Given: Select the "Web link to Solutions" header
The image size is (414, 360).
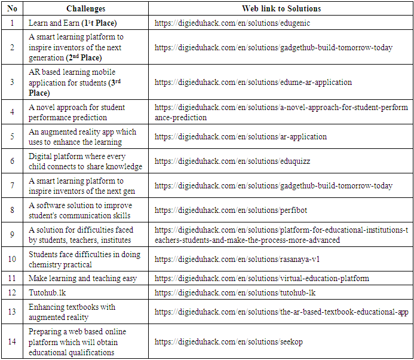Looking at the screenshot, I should pyautogui.click(x=281, y=9).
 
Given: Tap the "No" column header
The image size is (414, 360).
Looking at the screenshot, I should pyautogui.click(x=12, y=9).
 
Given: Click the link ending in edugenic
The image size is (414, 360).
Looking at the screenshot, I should pyautogui.click(x=232, y=23).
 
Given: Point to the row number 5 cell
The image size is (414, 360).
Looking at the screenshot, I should pyautogui.click(x=12, y=137).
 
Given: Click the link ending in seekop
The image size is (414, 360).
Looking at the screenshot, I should pyautogui.click(x=229, y=342).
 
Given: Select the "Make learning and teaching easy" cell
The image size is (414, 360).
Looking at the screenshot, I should pyautogui.click(x=82, y=278).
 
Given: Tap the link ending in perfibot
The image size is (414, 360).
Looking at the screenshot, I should pyautogui.click(x=231, y=210).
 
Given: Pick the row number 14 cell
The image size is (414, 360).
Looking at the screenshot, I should pyautogui.click(x=12, y=342).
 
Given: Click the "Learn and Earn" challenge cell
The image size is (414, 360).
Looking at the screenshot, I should pyautogui.click(x=72, y=23).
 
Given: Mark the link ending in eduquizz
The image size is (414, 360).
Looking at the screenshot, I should pyautogui.click(x=232, y=161).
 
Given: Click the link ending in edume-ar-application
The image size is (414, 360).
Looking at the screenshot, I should pyautogui.click(x=253, y=82).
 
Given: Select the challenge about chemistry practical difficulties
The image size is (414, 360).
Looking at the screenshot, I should pyautogui.click(x=84, y=260).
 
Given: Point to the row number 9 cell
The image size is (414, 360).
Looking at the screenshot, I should pyautogui.click(x=12, y=235).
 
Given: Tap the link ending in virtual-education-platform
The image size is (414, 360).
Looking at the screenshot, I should pyautogui.click(x=262, y=278).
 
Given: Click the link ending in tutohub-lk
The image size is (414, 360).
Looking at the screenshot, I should pyautogui.click(x=235, y=292).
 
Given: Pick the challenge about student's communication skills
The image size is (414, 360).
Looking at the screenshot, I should pyautogui.click(x=81, y=210).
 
